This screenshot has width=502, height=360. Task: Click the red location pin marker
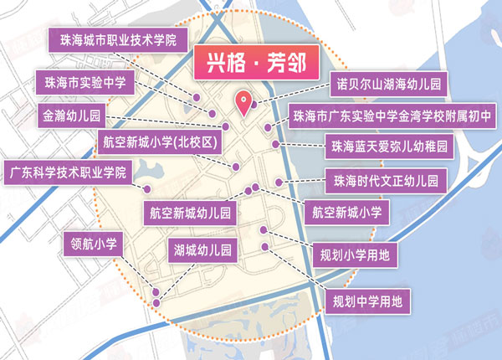point(244,101)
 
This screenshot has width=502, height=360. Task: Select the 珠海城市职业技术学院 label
point(118,39)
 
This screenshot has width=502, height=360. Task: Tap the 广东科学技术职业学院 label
point(68,173)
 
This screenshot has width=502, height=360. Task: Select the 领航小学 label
point(93,244)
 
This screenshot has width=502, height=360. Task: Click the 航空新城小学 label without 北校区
point(346,212)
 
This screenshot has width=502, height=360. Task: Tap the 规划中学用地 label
point(366,299)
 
